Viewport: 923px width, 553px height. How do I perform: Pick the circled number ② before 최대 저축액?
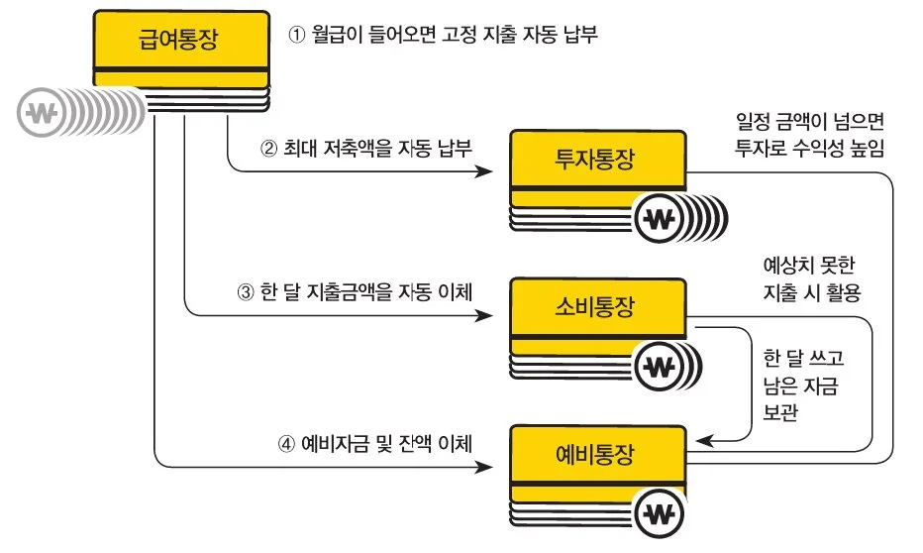(267, 149)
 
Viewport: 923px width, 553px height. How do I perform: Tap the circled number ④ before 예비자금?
(284, 443)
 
